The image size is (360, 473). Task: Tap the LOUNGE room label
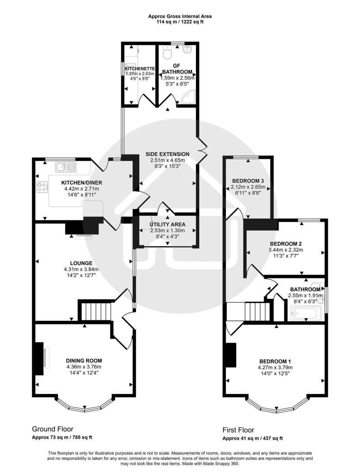point(82,263)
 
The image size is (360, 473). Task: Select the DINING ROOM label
point(84,360)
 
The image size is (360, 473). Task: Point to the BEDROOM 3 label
point(248,181)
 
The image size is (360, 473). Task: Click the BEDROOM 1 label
point(275,361)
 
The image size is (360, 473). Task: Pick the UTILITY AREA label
point(168,224)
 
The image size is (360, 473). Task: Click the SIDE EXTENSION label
point(167,154)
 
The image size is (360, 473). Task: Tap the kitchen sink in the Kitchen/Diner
point(65,167)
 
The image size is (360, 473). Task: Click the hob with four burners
point(42,187)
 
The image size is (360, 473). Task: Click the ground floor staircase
point(96,311)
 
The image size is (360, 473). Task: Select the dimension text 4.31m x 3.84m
point(82,269)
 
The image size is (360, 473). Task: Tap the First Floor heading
point(238,430)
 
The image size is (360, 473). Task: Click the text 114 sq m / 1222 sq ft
point(180,22)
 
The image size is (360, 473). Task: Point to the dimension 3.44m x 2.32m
point(286,250)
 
